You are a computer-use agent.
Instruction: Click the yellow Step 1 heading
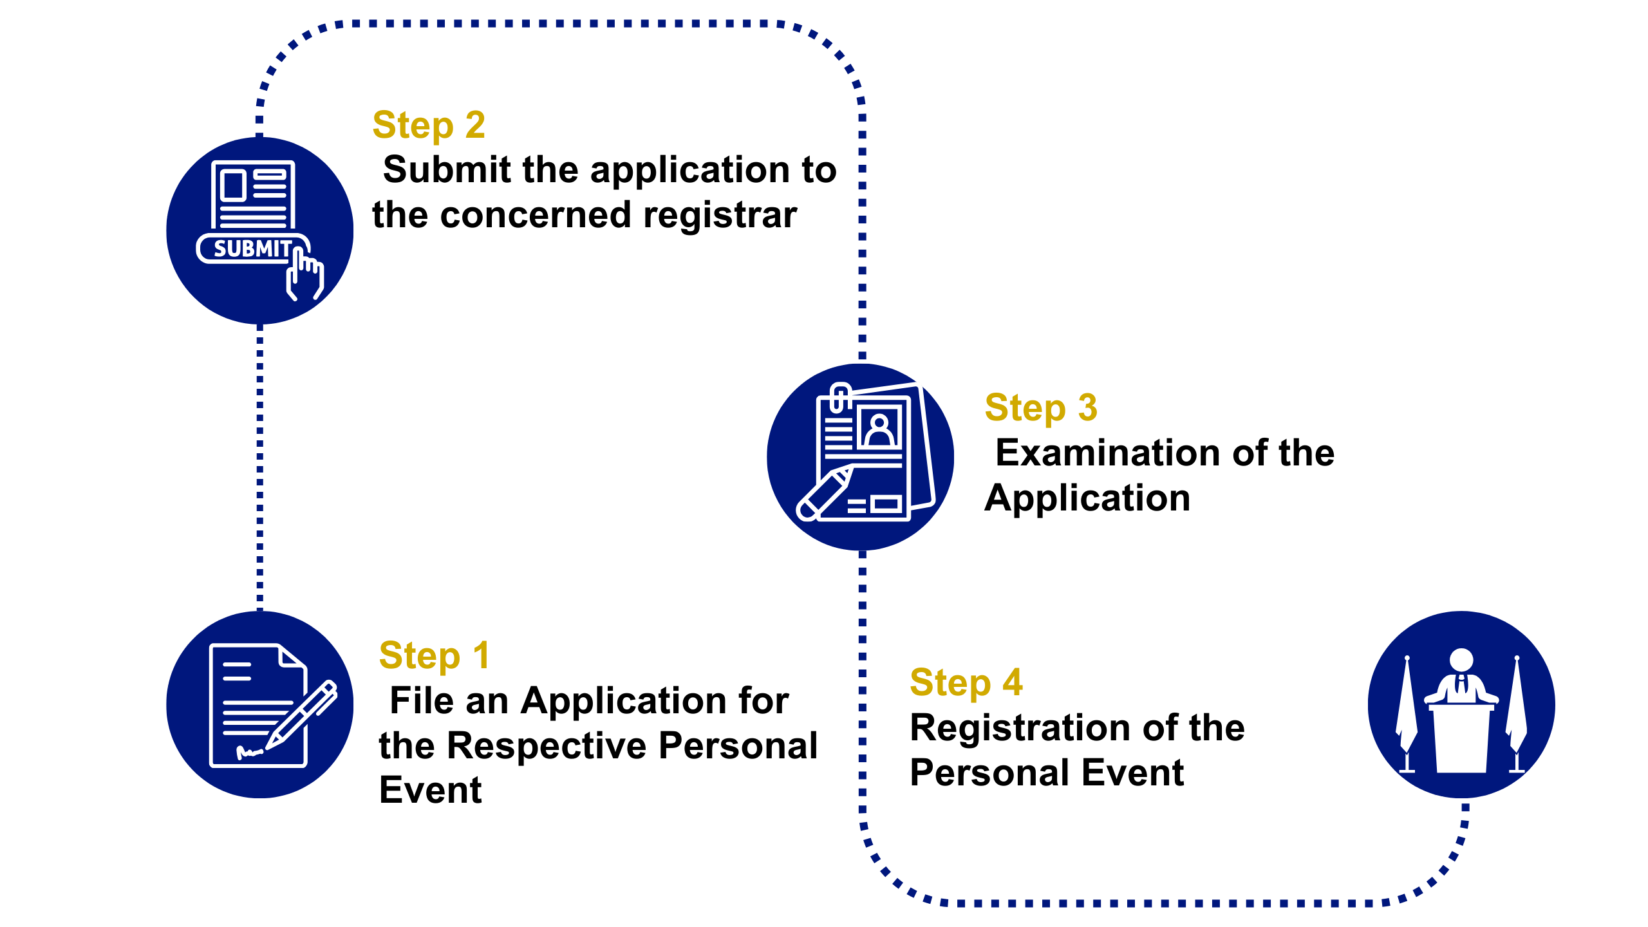(x=434, y=656)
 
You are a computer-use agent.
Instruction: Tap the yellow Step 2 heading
(x=429, y=125)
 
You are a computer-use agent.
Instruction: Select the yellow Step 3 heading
(x=1041, y=408)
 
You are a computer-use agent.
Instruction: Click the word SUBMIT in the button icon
(x=252, y=249)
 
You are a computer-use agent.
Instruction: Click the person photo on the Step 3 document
(x=879, y=429)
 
